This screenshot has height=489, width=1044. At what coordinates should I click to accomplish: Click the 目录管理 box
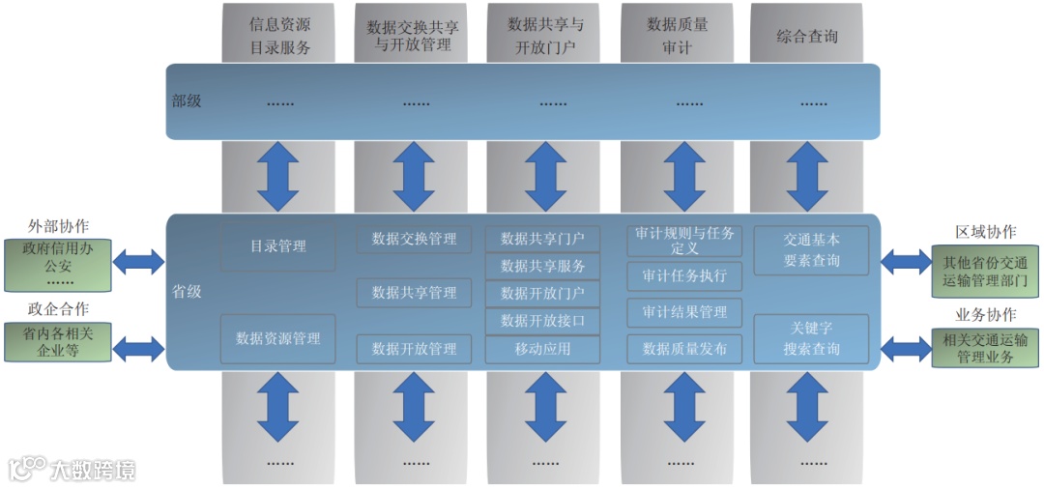pos(278,247)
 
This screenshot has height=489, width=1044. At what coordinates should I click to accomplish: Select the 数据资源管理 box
pos(278,339)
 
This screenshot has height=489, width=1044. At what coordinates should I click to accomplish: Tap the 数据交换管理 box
pos(414,239)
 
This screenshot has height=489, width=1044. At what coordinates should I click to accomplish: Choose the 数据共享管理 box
pos(414,293)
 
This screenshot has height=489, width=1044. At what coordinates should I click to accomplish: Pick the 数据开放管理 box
pos(414,349)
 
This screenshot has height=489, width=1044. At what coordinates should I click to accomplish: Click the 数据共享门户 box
pos(542,239)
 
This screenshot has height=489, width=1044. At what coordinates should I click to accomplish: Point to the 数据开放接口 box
pos(542,321)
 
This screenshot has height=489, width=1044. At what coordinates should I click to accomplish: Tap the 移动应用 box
pos(542,349)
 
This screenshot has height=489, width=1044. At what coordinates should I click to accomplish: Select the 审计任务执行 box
pos(684,276)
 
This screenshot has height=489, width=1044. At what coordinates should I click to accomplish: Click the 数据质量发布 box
pos(684,349)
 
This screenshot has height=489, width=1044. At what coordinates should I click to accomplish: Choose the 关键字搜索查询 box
pos(811,339)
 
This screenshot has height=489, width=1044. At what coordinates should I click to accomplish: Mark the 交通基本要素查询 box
pos(811,251)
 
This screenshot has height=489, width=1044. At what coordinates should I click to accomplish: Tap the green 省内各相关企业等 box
pos(59,341)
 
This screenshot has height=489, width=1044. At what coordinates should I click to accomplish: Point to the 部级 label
pos(187,101)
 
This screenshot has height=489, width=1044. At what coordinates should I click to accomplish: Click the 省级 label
pos(187,292)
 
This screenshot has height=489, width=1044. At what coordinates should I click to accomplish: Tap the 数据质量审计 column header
pos(677,36)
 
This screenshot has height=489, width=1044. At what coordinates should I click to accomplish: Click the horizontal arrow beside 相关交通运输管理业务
pos(906,347)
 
